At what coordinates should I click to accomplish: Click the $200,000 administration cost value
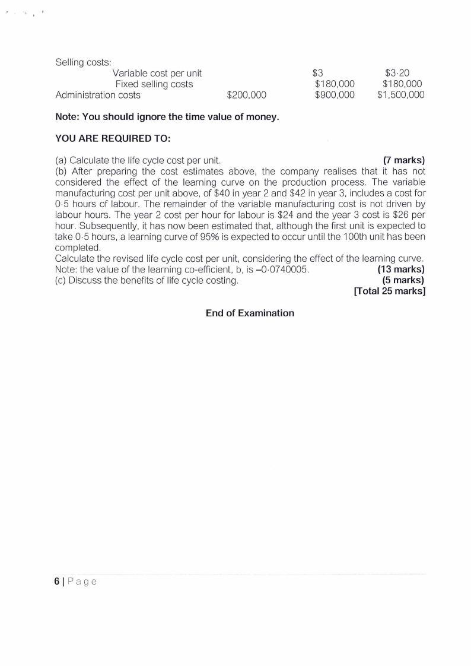[247, 95]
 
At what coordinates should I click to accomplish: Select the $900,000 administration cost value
[335, 95]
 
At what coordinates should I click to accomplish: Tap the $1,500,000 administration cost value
[400, 95]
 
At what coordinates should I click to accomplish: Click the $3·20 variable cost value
[401, 73]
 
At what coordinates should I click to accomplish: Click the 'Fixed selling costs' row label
[154, 84]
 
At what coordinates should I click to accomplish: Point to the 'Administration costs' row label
[98, 95]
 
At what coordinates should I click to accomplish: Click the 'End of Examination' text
[250, 313]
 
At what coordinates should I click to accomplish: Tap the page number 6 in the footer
[57, 582]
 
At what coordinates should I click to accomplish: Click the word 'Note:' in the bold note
[67, 117]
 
